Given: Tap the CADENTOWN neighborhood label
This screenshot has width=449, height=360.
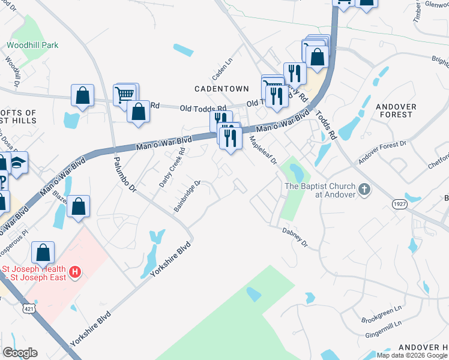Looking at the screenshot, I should point(221,89).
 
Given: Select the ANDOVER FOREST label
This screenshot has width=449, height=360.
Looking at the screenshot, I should point(396,110).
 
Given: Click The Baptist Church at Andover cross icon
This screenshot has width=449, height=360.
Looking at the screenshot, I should point(364,190).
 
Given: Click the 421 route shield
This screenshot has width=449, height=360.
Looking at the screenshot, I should point(28,308).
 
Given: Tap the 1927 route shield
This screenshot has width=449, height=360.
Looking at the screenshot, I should point(399,205).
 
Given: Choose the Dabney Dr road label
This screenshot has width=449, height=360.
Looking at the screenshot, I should point(295,236).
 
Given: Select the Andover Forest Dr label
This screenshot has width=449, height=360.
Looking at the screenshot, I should point(382,152).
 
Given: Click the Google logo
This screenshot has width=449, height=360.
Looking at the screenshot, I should point(20,353).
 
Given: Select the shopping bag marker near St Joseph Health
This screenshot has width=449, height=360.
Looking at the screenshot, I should point(43,253).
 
